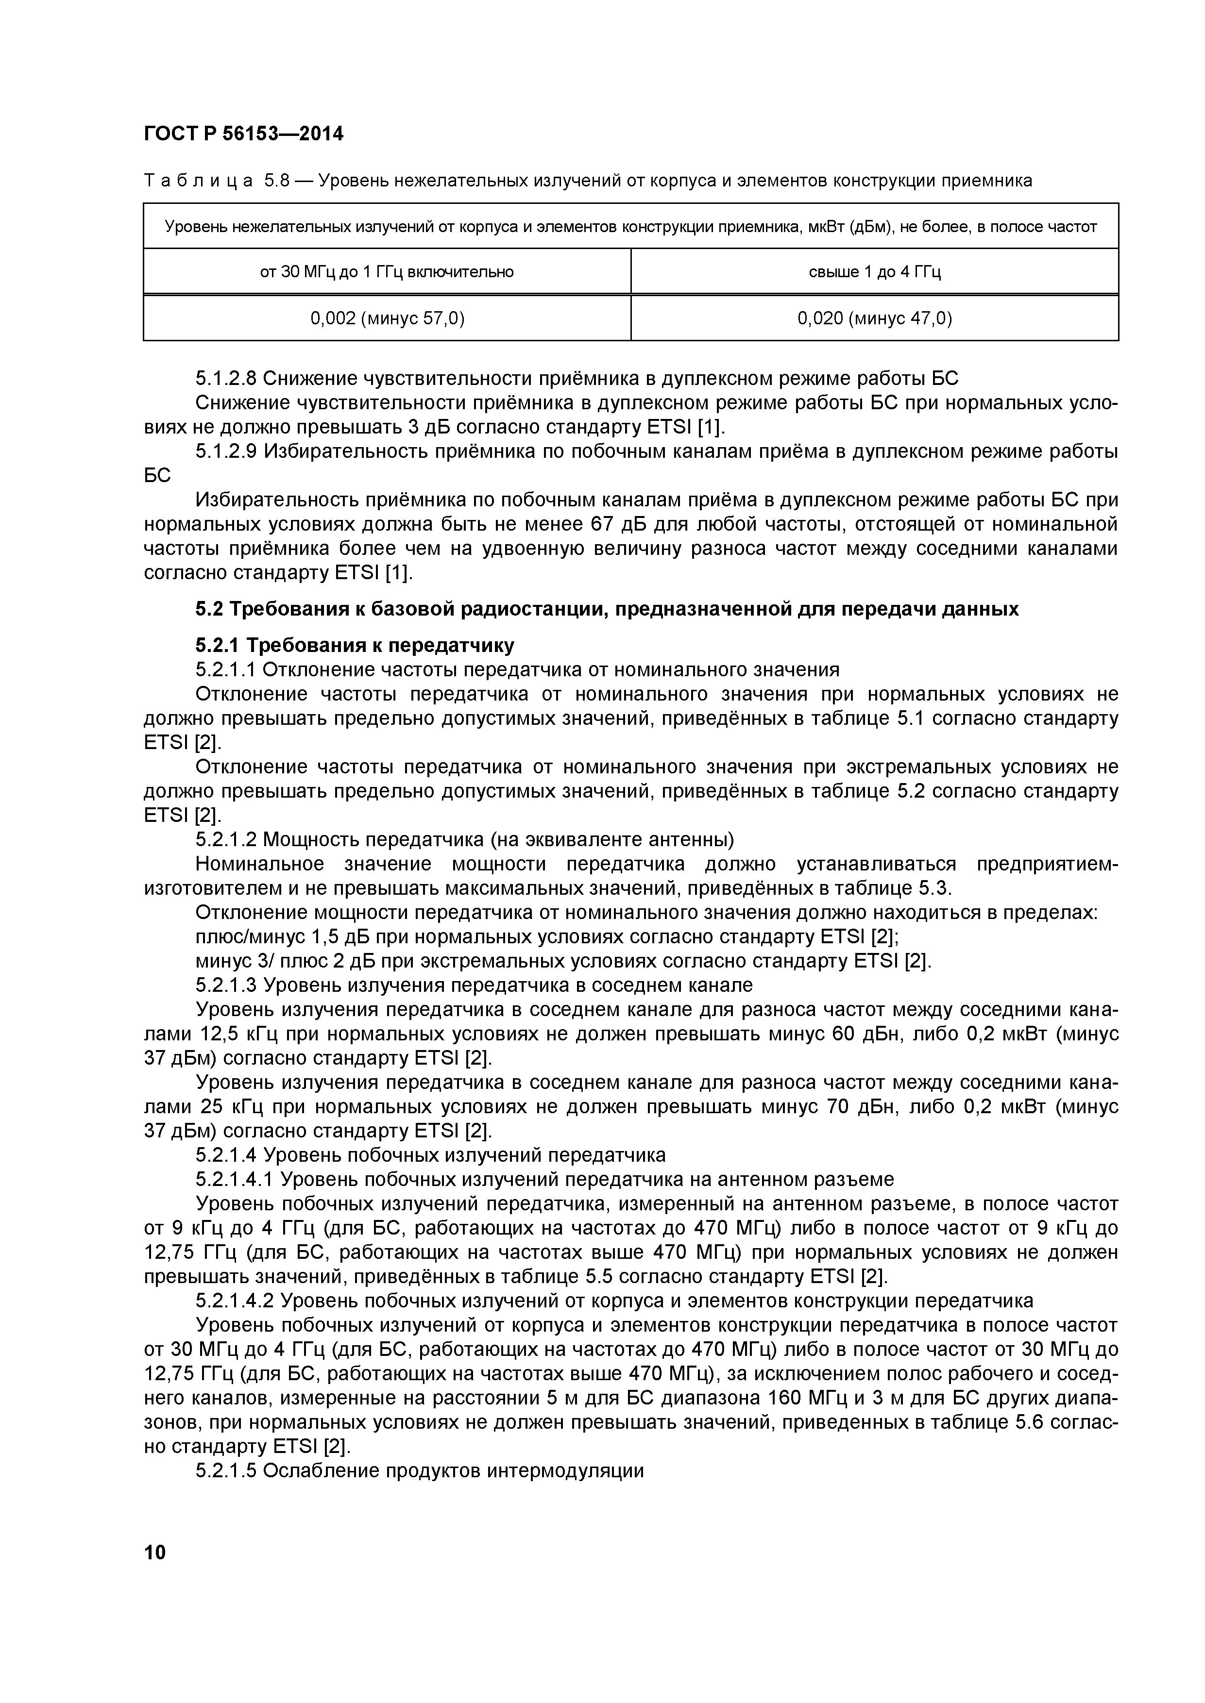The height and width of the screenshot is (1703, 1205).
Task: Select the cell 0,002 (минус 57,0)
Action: coord(387,318)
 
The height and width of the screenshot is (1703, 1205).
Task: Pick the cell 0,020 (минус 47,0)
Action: coord(874,318)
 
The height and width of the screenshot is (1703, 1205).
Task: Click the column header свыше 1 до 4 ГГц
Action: coord(874,271)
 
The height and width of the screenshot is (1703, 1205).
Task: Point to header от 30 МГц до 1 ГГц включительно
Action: coord(387,271)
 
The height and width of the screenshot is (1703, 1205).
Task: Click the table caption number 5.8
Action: coord(276,180)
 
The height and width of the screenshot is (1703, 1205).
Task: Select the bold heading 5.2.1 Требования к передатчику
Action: coord(355,645)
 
